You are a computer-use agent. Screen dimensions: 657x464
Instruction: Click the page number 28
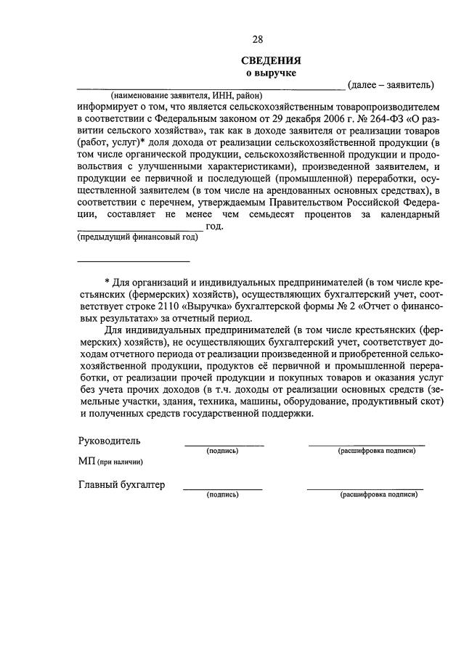(x=257, y=39)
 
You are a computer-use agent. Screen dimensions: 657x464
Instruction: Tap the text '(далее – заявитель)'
(x=391, y=85)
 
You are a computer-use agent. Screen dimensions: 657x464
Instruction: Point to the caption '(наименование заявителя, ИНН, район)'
(x=186, y=96)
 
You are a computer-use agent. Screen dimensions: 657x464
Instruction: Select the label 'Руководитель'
(x=110, y=441)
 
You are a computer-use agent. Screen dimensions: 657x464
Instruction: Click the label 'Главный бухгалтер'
(x=121, y=484)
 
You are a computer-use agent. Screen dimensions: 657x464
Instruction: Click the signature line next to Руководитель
(x=224, y=444)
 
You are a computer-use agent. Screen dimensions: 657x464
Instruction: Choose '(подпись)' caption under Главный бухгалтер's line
(x=222, y=495)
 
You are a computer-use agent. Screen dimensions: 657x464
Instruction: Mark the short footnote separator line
(x=134, y=261)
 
